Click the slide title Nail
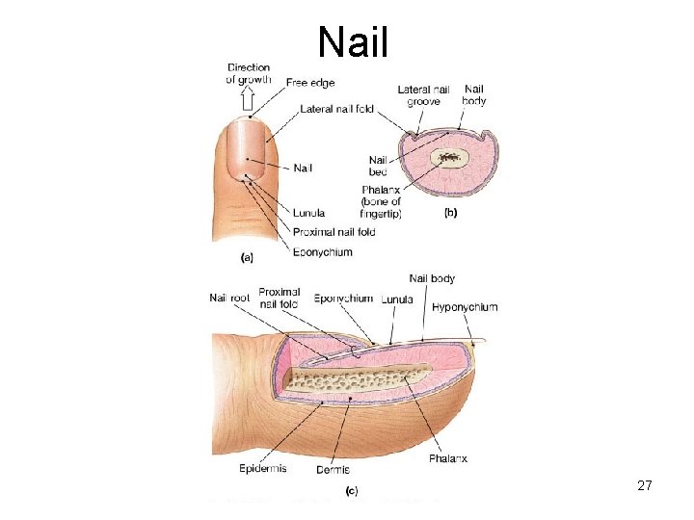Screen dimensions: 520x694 [353, 40]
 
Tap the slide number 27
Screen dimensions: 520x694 [645, 486]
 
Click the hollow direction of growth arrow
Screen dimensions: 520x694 [248, 99]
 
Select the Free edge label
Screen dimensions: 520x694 [310, 83]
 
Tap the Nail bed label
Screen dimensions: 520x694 [378, 166]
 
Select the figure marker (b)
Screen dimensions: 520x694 [449, 214]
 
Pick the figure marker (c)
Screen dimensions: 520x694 [352, 490]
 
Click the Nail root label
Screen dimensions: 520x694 [229, 298]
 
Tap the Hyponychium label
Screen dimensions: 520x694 [465, 307]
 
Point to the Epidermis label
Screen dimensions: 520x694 [261, 470]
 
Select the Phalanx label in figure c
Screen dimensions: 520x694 [448, 459]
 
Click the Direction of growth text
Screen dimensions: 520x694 [249, 74]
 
